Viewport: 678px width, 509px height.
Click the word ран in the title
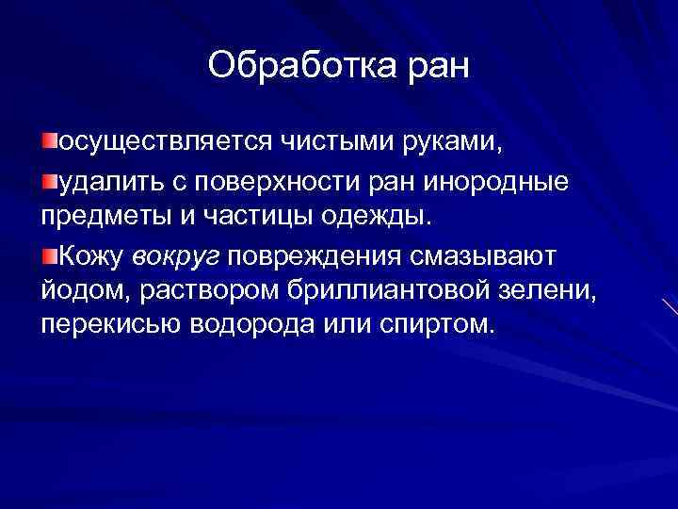pyautogui.click(x=433, y=66)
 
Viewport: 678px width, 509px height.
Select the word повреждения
pyautogui.click(x=326, y=254)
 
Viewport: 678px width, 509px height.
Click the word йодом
pyautogui.click(x=77, y=289)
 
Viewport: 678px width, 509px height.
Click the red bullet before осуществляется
pyautogui.click(x=50, y=141)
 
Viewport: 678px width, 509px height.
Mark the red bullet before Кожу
pyautogui.click(x=50, y=252)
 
